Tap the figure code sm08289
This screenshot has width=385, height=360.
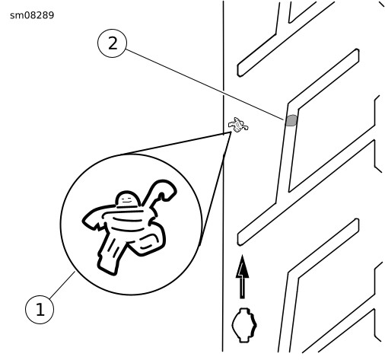[32, 15]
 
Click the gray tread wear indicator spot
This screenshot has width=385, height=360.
[291, 120]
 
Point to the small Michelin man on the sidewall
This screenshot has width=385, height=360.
[238, 125]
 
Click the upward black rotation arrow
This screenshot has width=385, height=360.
[243, 276]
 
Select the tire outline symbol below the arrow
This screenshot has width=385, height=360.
[244, 325]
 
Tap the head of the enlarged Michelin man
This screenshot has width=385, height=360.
[128, 199]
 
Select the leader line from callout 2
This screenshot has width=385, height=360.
[205, 84]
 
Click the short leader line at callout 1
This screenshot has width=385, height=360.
[62, 285]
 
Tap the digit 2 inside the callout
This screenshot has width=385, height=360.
[113, 43]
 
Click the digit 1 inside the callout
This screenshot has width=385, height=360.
[40, 310]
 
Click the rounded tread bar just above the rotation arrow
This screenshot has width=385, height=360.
[298, 232]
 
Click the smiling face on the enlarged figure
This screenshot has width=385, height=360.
[126, 200]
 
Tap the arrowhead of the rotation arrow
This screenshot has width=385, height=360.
[243, 266]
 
